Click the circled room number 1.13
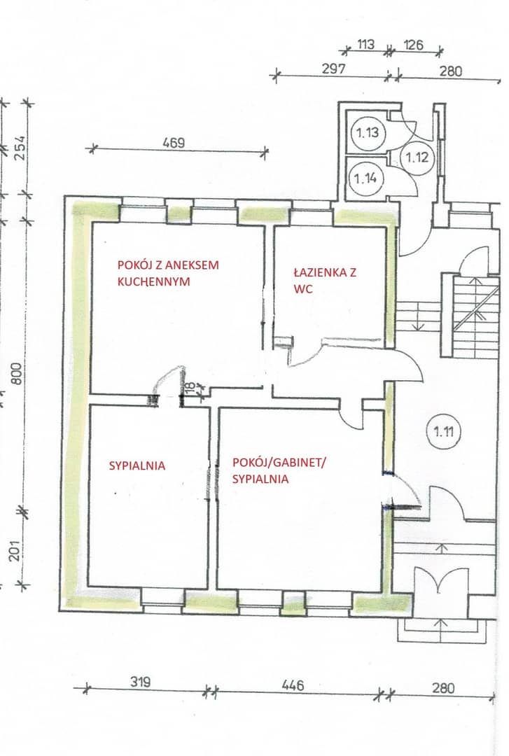(x=368, y=132)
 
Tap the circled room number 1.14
(x=365, y=178)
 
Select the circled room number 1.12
(x=417, y=157)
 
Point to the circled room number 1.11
(x=443, y=431)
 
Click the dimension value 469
(x=174, y=143)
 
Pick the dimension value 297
(x=334, y=69)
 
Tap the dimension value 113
(x=365, y=45)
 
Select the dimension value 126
(x=413, y=45)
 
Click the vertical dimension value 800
(x=16, y=372)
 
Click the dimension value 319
(x=141, y=682)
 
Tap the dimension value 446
(x=293, y=685)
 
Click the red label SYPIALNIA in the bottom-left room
(x=137, y=465)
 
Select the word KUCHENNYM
(x=153, y=281)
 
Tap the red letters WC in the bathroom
(x=302, y=288)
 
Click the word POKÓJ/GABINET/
(x=279, y=463)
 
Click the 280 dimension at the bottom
(x=443, y=687)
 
